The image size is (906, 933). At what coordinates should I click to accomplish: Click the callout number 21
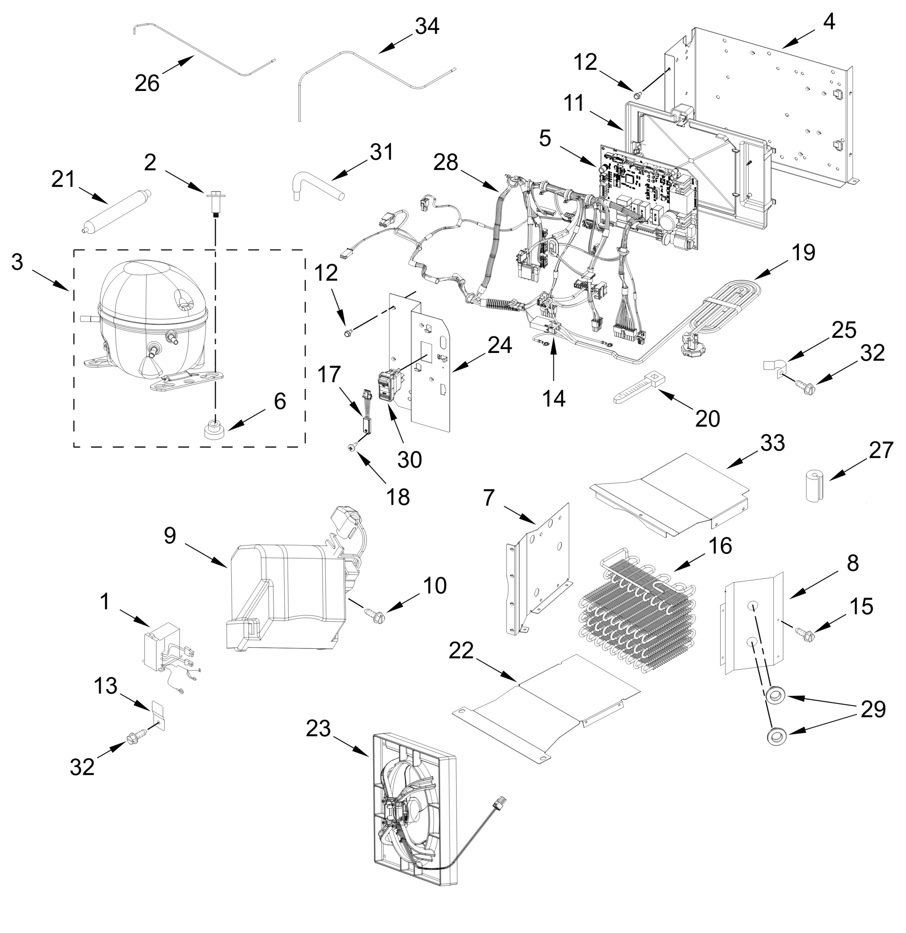pyautogui.click(x=63, y=180)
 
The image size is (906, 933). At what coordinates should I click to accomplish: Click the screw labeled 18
pyautogui.click(x=353, y=447)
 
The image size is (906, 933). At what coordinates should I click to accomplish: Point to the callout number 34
pyautogui.click(x=427, y=26)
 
